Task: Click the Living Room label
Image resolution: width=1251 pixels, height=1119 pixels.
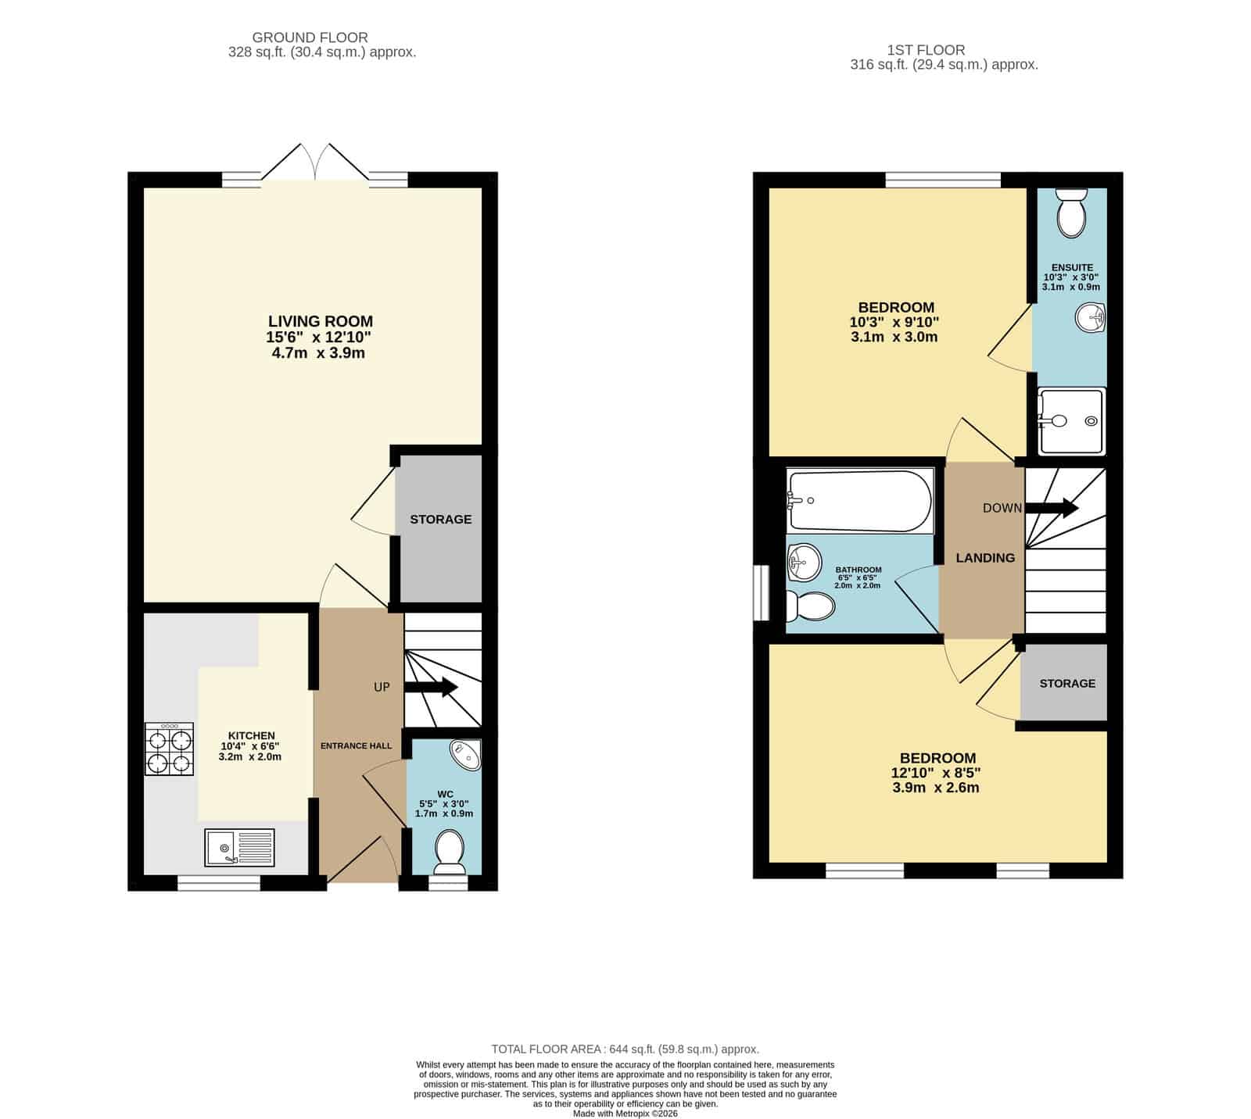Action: pyautogui.click(x=321, y=321)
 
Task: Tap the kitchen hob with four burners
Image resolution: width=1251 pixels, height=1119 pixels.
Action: pyautogui.click(x=169, y=749)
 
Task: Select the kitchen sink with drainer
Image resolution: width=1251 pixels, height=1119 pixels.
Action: pyautogui.click(x=239, y=848)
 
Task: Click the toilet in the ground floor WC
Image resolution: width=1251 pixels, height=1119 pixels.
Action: pyautogui.click(x=450, y=852)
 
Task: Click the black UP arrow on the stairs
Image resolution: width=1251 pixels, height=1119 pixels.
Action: pyautogui.click(x=431, y=688)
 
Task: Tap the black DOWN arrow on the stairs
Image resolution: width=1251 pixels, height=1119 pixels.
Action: pyautogui.click(x=1052, y=508)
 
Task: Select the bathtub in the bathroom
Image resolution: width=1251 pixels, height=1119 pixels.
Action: pyautogui.click(x=859, y=501)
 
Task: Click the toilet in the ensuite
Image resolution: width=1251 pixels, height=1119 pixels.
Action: pyautogui.click(x=1071, y=211)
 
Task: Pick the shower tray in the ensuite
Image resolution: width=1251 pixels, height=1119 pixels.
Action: pyautogui.click(x=1072, y=421)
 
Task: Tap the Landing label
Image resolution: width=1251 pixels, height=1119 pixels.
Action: pyautogui.click(x=985, y=558)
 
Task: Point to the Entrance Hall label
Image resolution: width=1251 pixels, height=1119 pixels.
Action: pyautogui.click(x=357, y=745)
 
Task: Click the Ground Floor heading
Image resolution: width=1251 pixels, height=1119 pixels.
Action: pyautogui.click(x=310, y=38)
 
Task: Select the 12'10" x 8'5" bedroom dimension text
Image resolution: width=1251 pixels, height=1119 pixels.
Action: pyautogui.click(x=936, y=773)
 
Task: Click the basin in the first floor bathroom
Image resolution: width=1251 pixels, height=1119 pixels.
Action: pyautogui.click(x=804, y=562)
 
